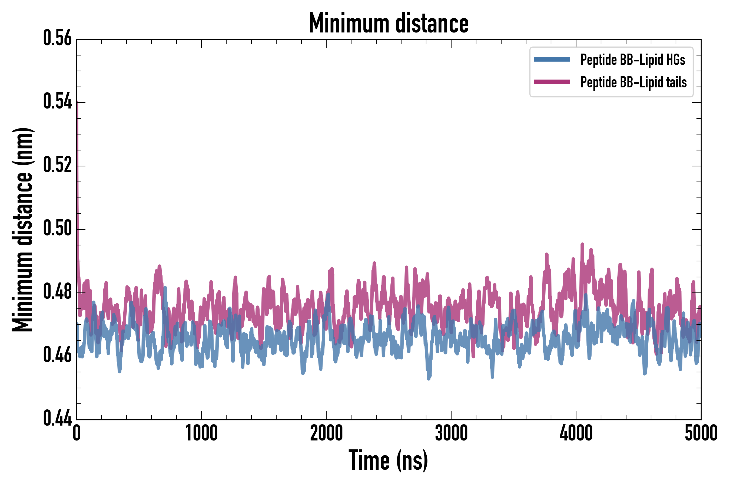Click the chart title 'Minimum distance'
pos(388,23)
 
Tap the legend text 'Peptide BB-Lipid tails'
pos(633,82)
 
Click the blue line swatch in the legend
pos(552,60)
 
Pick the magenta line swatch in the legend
pos(552,82)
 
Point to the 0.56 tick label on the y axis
pos(57,38)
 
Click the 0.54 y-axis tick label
pos(57,102)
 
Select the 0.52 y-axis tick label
pos(57,165)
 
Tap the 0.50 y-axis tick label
pos(57,229)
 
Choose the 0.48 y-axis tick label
pos(57,292)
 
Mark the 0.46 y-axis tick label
pos(57,355)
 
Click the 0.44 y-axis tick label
pos(57,418)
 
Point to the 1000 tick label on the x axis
pos(201,433)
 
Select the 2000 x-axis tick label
pos(326,433)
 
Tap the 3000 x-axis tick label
pos(451,433)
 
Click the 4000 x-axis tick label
pos(576,433)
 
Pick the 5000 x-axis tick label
pos(701,433)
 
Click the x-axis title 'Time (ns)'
pos(388,460)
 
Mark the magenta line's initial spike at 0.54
pos(77,104)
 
